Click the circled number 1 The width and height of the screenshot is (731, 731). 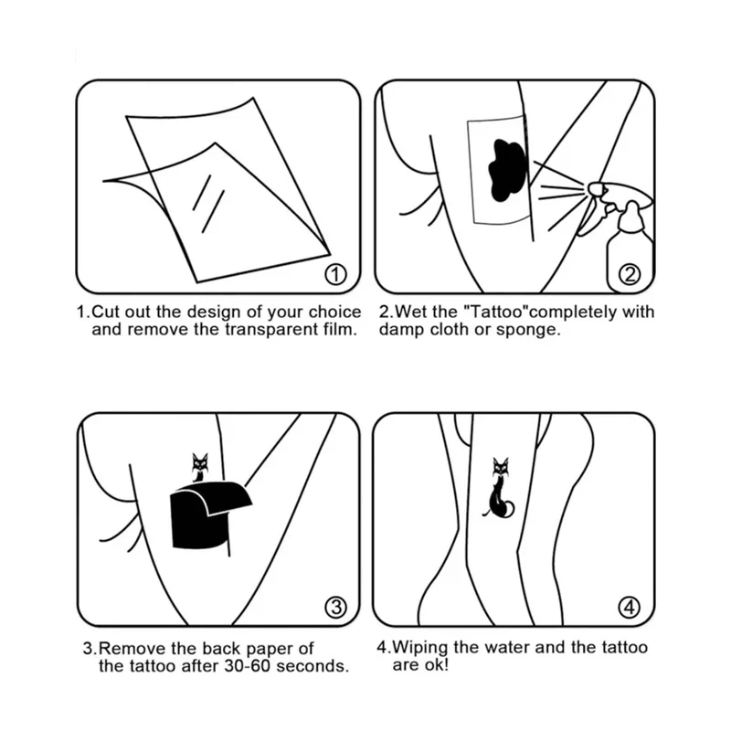click(335, 275)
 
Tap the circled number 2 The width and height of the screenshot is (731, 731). click(630, 275)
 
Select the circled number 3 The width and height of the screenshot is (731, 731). click(335, 607)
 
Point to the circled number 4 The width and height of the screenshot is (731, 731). click(630, 607)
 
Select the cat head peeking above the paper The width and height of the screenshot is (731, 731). click(200, 463)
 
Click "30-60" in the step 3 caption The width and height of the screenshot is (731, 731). click(248, 666)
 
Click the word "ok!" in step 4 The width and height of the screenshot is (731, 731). click(432, 665)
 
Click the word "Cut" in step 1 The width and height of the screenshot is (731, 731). click(106, 312)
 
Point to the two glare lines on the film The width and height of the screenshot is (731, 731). click(208, 203)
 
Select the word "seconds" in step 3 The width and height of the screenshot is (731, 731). click(313, 666)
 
